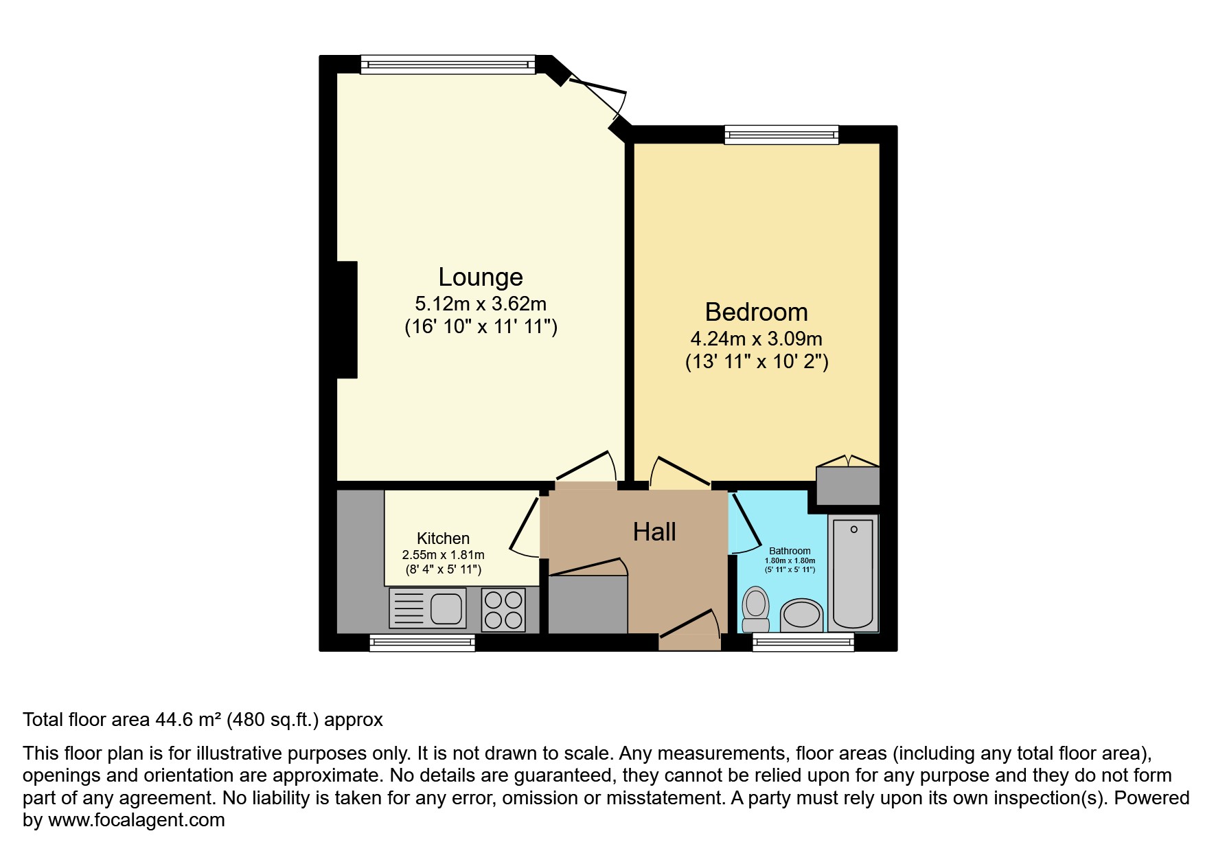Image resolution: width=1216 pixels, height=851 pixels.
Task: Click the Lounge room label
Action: [x=481, y=277]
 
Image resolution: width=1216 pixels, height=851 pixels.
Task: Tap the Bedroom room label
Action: [x=757, y=312]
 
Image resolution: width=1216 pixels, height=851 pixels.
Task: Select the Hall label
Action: [x=654, y=532]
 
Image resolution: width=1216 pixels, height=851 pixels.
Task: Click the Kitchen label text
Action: [x=444, y=538]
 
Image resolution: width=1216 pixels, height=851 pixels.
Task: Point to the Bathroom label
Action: [x=790, y=551]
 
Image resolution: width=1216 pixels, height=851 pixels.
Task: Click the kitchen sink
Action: [x=428, y=608]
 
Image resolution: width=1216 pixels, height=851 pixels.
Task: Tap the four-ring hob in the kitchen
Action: [x=503, y=610]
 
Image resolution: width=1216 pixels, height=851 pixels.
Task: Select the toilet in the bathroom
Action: [x=756, y=609]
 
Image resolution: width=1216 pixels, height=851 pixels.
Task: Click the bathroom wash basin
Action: [x=802, y=615]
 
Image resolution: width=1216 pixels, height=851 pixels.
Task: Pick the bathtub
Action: [x=853, y=573]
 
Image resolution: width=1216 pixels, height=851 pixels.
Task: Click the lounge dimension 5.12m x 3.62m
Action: [x=481, y=303]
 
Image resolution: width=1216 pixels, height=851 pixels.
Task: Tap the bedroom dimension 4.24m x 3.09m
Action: [x=757, y=339]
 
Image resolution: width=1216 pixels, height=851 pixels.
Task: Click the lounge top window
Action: [x=448, y=65]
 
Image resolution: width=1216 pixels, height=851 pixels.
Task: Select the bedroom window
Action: [x=781, y=135]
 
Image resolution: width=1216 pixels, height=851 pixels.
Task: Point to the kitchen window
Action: [x=422, y=642]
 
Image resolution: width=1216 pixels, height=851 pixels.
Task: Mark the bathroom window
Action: [x=803, y=642]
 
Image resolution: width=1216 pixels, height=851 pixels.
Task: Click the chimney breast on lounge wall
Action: [x=347, y=319]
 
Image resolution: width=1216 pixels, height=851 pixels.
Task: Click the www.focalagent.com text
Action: [x=137, y=820]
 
